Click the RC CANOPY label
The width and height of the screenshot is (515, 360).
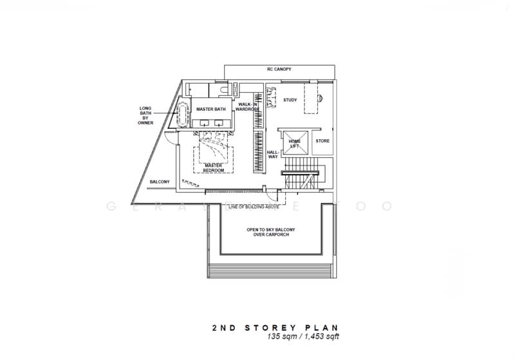coord(280,69)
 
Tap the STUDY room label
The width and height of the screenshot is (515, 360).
coord(290,100)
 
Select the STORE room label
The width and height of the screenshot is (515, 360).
coord(322,140)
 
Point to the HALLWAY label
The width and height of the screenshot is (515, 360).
coord(272,155)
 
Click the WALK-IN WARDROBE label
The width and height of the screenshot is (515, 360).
coord(248,107)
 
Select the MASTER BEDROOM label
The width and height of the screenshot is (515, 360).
coord(214,167)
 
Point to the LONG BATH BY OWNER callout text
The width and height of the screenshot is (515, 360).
coord(145,115)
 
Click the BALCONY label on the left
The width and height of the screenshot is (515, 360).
coord(160,182)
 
